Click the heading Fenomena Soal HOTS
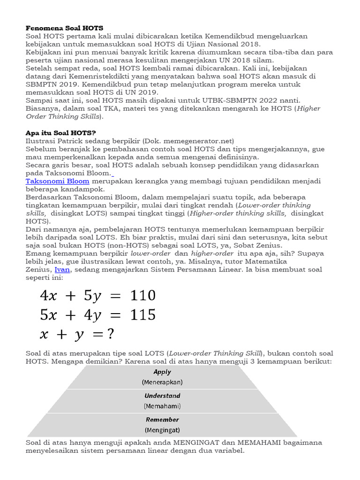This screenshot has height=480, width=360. point(64,28)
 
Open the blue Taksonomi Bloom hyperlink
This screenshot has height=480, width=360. point(57,181)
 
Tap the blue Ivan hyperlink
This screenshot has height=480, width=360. point(62,270)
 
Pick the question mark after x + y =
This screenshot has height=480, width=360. point(111,334)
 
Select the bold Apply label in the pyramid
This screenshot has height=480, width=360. point(162,372)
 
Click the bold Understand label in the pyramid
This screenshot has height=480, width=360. point(162,396)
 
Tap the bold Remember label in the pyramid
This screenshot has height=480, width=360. point(162,420)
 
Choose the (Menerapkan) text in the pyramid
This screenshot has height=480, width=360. point(162,382)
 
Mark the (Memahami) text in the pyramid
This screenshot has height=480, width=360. point(162,406)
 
